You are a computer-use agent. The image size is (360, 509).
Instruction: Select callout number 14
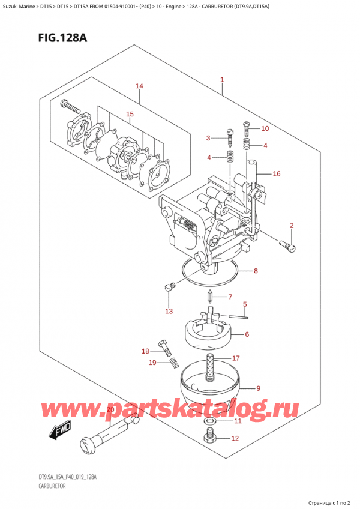click(139, 86)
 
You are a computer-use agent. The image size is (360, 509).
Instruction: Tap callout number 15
click(129, 114)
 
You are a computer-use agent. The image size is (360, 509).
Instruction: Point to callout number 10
click(266, 128)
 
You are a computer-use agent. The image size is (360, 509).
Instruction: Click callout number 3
click(208, 139)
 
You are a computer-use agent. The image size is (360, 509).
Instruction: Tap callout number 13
click(169, 311)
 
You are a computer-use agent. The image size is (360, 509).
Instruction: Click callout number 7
click(229, 297)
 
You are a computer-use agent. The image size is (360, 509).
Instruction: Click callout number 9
click(259, 387)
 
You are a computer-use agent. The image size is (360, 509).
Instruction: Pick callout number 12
click(235, 439)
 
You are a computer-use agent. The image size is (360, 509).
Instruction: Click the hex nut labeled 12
click(210, 439)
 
